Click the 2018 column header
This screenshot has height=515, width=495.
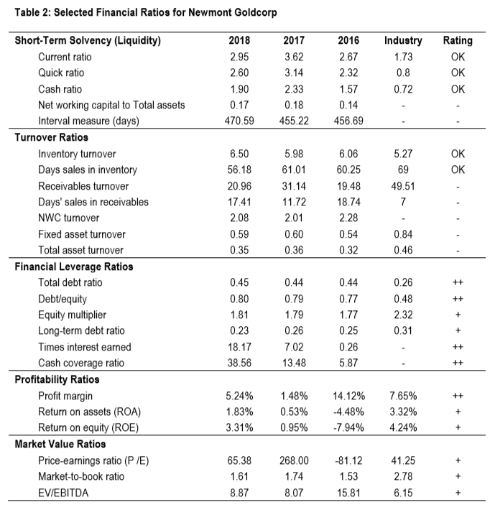tap(239, 40)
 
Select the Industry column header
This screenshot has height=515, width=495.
tap(403, 40)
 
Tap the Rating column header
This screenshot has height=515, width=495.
tap(458, 40)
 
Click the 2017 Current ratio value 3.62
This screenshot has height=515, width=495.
tap(294, 57)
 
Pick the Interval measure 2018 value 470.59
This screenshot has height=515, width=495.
tap(239, 121)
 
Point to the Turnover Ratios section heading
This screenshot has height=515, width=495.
tap(51, 137)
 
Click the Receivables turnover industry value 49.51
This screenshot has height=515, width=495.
tap(403, 186)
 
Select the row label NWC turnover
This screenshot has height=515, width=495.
tap(68, 218)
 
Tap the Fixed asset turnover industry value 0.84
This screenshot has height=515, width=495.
tap(403, 234)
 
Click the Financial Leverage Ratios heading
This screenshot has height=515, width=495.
tap(74, 266)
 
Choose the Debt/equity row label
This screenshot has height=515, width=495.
tap(63, 299)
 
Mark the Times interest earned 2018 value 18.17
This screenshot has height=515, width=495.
tap(239, 347)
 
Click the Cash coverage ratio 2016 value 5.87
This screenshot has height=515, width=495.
tap(348, 363)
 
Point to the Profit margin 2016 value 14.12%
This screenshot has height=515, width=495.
tap(348, 396)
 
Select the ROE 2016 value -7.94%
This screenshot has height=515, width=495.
tap(348, 427)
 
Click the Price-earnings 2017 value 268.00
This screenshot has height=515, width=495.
tap(294, 460)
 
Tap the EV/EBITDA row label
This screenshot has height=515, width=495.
tap(63, 493)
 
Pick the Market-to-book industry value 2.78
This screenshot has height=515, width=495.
tap(403, 476)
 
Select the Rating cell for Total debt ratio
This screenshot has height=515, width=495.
tap(458, 282)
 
